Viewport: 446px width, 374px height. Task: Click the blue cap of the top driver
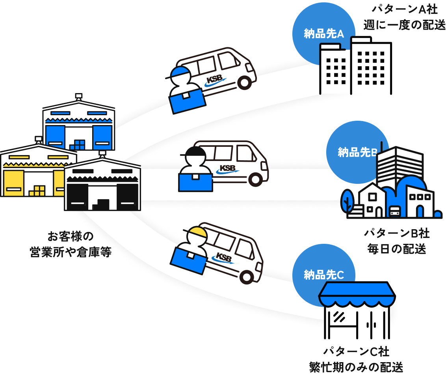coord(179,72)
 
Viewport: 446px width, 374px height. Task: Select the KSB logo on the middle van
coord(228,169)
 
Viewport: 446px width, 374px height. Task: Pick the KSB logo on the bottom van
coord(224,257)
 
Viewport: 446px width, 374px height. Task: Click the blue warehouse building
coord(78,124)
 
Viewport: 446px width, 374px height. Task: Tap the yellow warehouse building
coord(32,172)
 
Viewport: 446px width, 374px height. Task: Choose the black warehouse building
coord(102,185)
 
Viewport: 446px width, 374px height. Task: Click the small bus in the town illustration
coord(394,211)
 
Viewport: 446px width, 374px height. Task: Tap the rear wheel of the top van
coord(244,82)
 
